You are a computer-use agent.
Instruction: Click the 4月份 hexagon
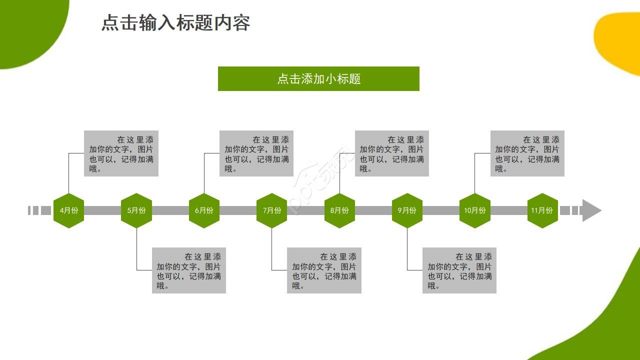point(68,210)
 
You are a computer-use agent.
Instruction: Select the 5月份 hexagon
point(136,210)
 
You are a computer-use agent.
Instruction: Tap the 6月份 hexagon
point(204,210)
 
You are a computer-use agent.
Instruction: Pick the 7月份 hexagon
point(271,210)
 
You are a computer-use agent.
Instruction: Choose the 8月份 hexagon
point(339,210)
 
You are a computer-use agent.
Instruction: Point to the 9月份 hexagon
point(407,210)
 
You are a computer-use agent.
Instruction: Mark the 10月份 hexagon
point(474,210)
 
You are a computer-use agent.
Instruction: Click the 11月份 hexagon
point(542,210)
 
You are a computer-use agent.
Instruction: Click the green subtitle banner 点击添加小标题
point(318,79)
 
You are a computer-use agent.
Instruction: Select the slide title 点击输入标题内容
point(175,23)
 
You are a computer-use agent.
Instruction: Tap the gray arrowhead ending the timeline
point(591,210)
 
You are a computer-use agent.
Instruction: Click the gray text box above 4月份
point(121,153)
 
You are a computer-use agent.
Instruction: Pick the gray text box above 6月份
point(256,153)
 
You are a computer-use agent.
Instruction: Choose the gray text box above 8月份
point(392,153)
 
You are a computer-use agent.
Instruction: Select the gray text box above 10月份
point(527,153)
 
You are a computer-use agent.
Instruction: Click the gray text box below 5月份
point(189,270)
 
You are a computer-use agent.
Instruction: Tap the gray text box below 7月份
point(324,270)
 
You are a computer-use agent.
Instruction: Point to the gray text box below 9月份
point(459,270)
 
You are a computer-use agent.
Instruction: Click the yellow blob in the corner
point(620,42)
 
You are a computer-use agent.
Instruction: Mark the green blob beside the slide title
point(27,27)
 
